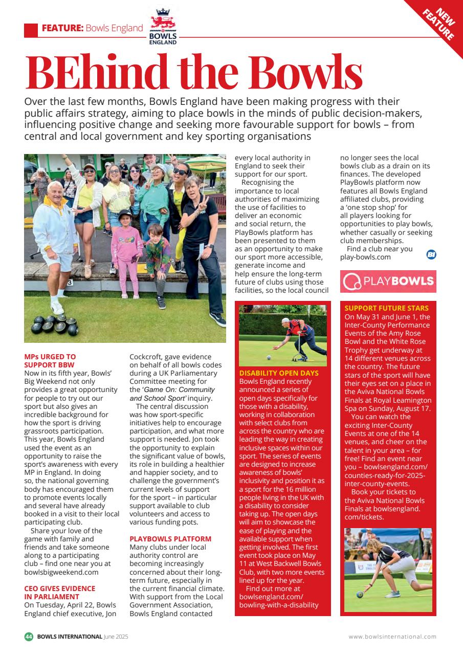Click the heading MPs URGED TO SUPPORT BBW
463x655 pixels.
(50, 361)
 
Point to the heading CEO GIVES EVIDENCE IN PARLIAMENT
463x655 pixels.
(59, 593)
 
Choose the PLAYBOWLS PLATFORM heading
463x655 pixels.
(170, 539)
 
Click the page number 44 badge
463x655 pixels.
(29, 637)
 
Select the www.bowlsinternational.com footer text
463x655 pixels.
(392, 637)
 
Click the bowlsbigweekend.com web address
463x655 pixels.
(61, 572)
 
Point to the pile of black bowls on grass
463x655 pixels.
(54, 324)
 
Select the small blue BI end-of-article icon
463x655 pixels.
(431, 254)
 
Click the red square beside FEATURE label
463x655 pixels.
(31, 30)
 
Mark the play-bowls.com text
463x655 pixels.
(365, 257)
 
